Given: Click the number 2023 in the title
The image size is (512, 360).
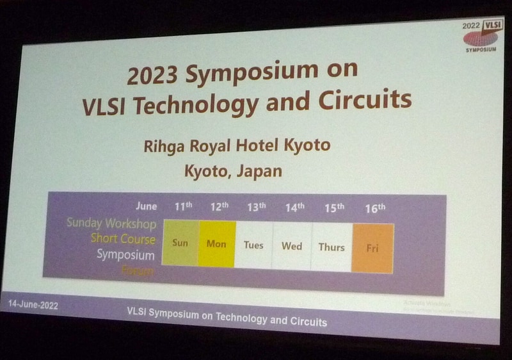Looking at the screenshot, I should tap(154, 76).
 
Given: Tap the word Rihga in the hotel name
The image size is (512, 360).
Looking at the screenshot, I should tap(167, 146).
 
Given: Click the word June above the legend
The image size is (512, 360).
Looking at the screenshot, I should tap(147, 206).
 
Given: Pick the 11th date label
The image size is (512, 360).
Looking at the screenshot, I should tap(183, 206).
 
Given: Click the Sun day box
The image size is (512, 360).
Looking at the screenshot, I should tap(180, 243).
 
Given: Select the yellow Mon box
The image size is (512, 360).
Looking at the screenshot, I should tap(216, 243).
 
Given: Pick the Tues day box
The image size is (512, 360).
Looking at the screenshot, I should tap(253, 245).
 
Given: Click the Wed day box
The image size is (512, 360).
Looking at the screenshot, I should tap(292, 246).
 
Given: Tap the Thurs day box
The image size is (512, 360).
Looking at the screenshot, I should tap(332, 247).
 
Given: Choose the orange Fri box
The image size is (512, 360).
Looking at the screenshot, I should tap(372, 248).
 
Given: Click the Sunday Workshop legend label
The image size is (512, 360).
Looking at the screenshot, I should tap(111, 224).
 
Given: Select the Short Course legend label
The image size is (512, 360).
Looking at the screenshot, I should tap(123, 239).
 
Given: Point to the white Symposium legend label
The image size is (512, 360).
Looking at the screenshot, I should tap(125, 255).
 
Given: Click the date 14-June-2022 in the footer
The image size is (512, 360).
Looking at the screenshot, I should tap(34, 306).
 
